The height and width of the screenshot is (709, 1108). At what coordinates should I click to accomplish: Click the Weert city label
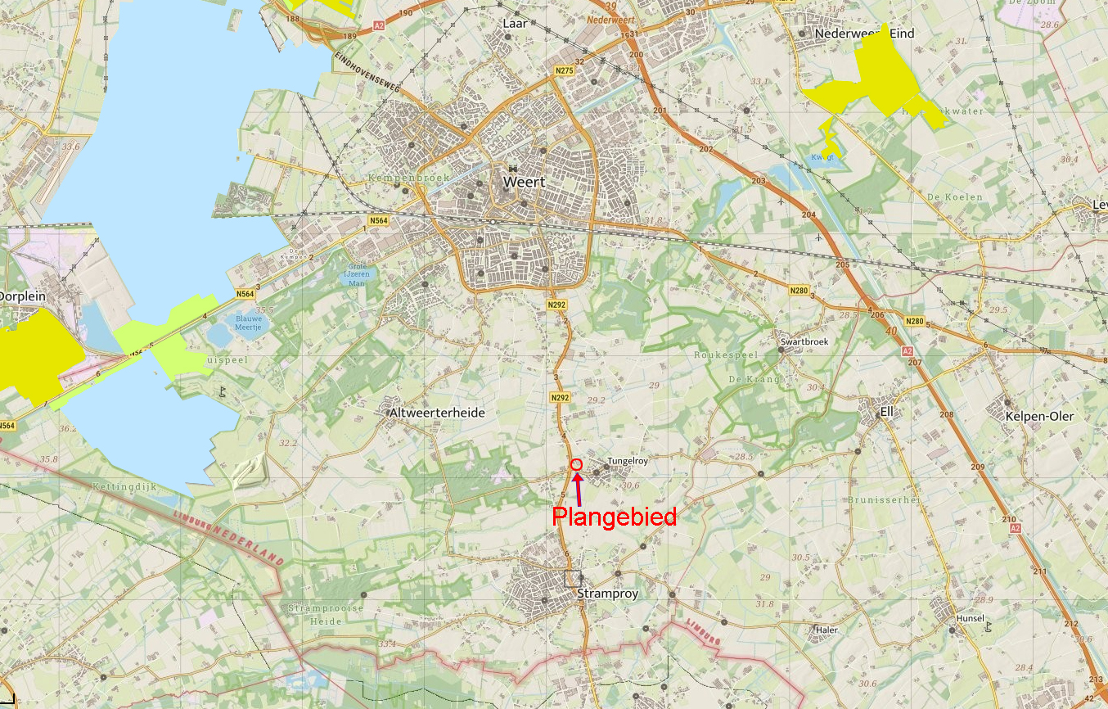click(524, 182)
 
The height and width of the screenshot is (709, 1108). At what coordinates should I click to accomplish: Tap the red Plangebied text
click(614, 517)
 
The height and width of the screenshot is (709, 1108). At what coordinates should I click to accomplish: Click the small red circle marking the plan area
click(576, 464)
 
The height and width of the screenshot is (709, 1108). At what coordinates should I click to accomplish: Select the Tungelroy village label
click(628, 461)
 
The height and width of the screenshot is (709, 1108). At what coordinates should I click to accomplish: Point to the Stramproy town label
click(607, 593)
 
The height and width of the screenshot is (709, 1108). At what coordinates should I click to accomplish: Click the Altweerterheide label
click(438, 413)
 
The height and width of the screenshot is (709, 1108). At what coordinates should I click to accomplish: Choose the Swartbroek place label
click(804, 342)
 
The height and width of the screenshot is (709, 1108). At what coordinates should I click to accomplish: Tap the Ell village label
click(886, 411)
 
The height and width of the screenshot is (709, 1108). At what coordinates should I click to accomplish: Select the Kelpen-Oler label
click(1038, 416)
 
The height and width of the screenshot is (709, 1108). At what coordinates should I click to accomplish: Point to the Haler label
click(827, 630)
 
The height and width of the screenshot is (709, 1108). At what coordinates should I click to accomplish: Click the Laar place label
click(515, 24)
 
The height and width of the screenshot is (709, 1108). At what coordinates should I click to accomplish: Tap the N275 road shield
click(564, 71)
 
